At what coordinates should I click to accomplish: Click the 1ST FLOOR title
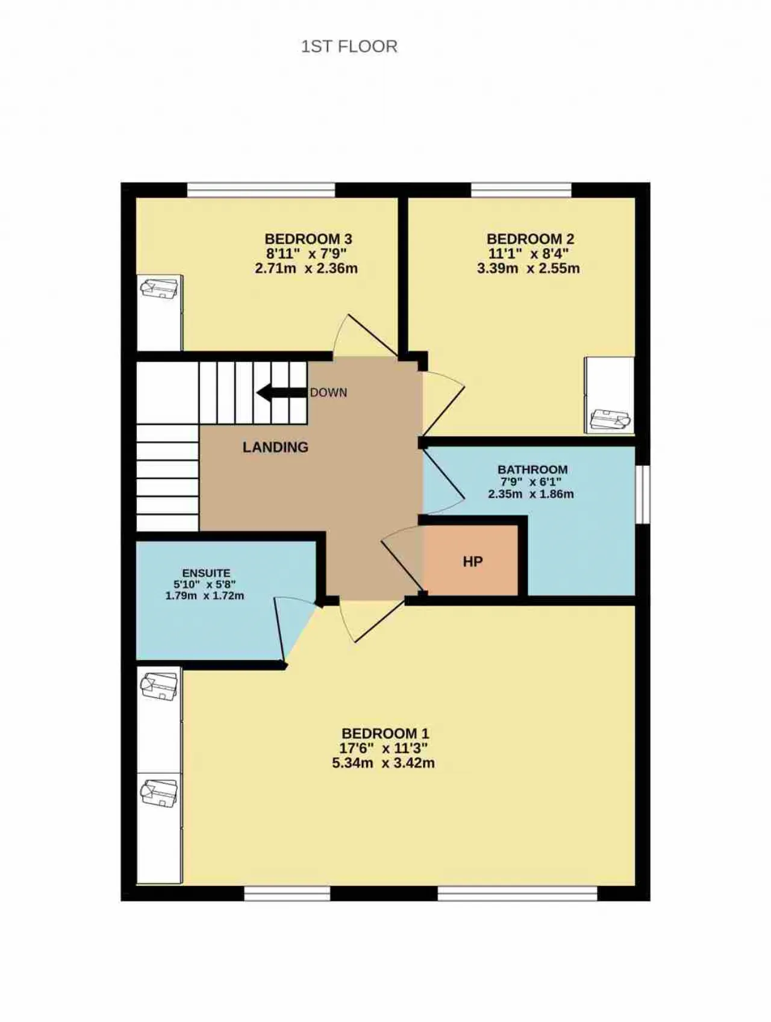point(349,46)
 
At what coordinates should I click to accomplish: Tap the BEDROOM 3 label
point(308,239)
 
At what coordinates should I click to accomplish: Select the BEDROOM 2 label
point(531,239)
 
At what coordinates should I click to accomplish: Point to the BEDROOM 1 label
point(385,733)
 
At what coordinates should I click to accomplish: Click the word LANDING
point(275,447)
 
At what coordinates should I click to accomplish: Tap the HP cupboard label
point(473,562)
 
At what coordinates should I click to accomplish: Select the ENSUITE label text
point(206,573)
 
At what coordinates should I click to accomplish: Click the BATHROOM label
point(532,469)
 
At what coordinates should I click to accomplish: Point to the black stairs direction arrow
point(282,393)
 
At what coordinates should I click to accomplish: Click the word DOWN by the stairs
point(329,393)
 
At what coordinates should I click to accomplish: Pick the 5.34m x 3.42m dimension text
point(384,763)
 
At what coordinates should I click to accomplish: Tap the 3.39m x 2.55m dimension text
point(528,268)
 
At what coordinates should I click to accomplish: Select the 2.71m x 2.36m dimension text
point(306,268)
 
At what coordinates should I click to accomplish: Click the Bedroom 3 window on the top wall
point(261,190)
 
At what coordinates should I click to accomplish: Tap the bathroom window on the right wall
point(643,494)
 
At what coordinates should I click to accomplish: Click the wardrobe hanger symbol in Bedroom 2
point(610,419)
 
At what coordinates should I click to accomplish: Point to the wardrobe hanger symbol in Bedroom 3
point(160,287)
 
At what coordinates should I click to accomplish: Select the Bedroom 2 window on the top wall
point(521,190)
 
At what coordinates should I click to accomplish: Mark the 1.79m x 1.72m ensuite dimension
point(205,595)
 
